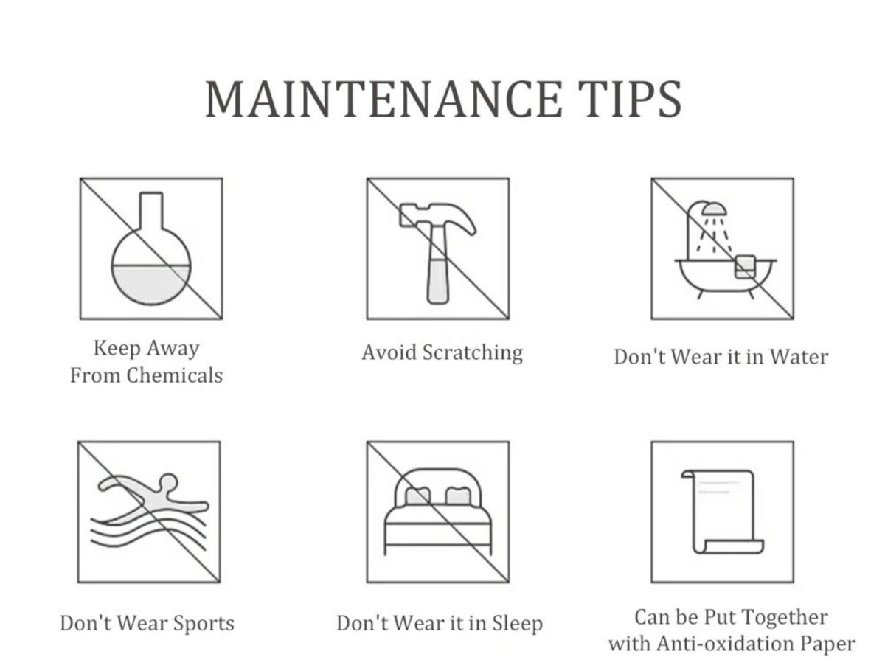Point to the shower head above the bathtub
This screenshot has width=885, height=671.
click(x=714, y=209)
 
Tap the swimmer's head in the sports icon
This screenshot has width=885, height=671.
click(x=168, y=483)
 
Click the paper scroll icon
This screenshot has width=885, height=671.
click(x=722, y=512)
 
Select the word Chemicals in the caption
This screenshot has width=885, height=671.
click(x=174, y=375)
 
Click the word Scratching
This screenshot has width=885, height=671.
click(x=473, y=352)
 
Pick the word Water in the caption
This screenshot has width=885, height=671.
click(x=799, y=357)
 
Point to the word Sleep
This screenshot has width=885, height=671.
click(x=516, y=623)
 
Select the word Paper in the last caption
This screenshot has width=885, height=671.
click(x=828, y=643)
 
